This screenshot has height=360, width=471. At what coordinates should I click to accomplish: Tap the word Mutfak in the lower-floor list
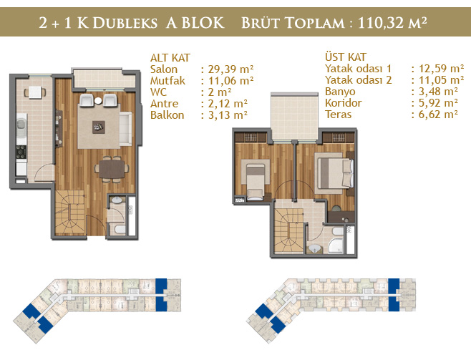tap(167, 81)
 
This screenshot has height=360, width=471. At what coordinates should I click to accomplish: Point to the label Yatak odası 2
tap(359, 80)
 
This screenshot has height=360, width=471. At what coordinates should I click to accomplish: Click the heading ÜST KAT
tap(346, 57)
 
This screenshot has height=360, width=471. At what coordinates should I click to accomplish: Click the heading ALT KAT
tap(170, 58)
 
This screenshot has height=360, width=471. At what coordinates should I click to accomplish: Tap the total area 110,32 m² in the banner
tap(392, 23)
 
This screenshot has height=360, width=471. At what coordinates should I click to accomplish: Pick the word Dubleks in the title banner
tap(125, 23)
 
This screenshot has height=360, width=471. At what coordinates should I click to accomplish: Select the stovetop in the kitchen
tap(21, 152)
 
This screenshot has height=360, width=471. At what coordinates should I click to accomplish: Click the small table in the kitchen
tap(35, 92)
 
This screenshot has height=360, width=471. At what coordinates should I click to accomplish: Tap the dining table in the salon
tap(112, 170)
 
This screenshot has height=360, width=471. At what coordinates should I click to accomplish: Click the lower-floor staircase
tap(70, 213)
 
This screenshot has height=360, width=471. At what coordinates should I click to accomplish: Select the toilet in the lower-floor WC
tap(120, 230)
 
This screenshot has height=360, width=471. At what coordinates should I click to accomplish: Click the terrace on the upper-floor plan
tap(294, 117)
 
